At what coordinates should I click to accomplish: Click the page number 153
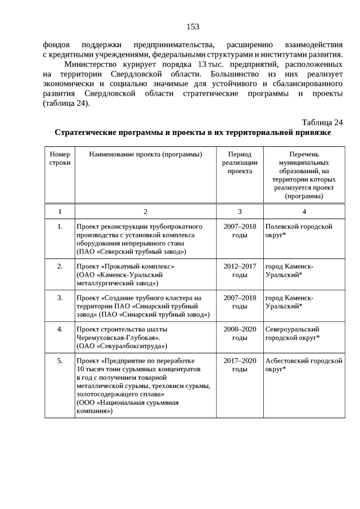192,26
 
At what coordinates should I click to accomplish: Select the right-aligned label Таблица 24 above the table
322,123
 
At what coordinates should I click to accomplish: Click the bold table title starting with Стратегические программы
192,133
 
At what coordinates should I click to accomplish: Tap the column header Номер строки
60,158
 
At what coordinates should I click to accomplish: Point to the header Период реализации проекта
240,163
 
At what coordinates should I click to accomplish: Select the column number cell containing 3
240,211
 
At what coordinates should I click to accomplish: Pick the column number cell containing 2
145,211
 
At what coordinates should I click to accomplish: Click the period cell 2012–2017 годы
240,270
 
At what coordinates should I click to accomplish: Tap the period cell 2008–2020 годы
240,333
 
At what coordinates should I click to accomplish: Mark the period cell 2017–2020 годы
240,364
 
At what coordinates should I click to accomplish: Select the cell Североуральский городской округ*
292,333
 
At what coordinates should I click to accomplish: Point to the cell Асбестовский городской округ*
304,364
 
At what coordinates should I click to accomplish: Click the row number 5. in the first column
60,361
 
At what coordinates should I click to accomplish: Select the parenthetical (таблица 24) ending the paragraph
66,103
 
